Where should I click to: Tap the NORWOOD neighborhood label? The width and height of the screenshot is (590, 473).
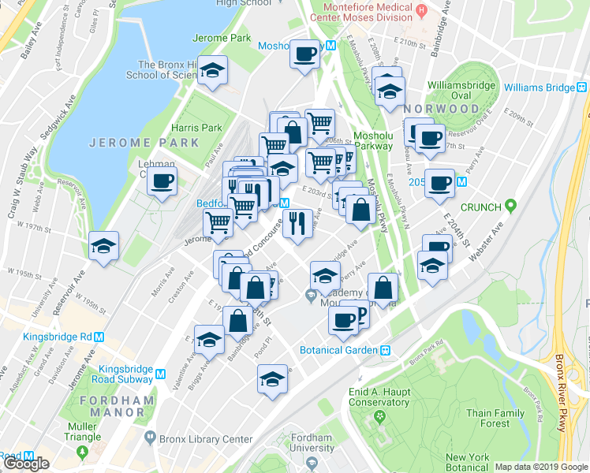coord(441,108)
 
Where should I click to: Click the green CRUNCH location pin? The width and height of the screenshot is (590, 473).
coord(511,207)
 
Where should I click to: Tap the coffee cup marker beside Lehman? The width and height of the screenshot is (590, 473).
coord(162,181)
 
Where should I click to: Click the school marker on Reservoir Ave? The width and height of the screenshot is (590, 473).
coord(103,246)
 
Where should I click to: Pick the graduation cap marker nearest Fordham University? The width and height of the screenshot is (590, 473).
coord(273,381)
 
